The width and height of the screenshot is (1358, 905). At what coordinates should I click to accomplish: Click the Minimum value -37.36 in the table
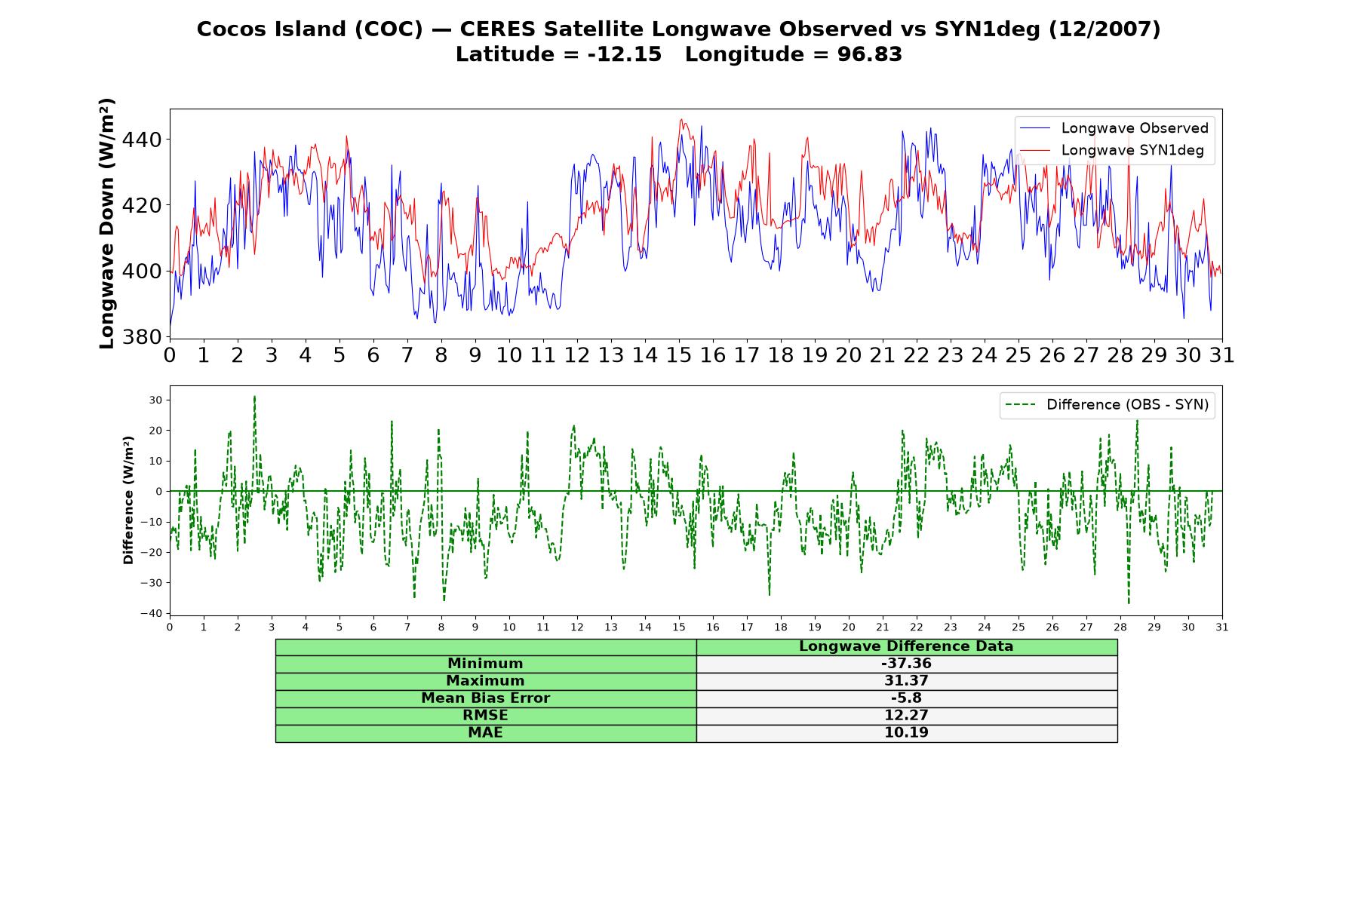906,664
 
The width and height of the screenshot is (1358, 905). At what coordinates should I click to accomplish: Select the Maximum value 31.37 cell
906,681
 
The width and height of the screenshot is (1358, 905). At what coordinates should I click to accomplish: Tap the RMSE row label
485,716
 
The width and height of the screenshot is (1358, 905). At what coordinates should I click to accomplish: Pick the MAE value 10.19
906,733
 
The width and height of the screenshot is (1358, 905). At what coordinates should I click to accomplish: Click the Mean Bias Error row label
485,698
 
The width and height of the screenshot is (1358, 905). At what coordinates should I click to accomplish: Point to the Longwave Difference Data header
906,646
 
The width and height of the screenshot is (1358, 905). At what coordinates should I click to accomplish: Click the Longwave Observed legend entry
1114,128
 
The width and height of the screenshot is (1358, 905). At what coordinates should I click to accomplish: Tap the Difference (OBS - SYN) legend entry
1107,405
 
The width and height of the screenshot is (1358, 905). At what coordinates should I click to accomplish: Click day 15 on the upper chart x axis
679,355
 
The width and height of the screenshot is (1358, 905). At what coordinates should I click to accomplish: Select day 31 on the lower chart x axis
1222,627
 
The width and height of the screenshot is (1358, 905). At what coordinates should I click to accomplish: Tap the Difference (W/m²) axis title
128,500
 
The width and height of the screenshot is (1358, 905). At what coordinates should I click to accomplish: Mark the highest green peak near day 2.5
254,397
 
